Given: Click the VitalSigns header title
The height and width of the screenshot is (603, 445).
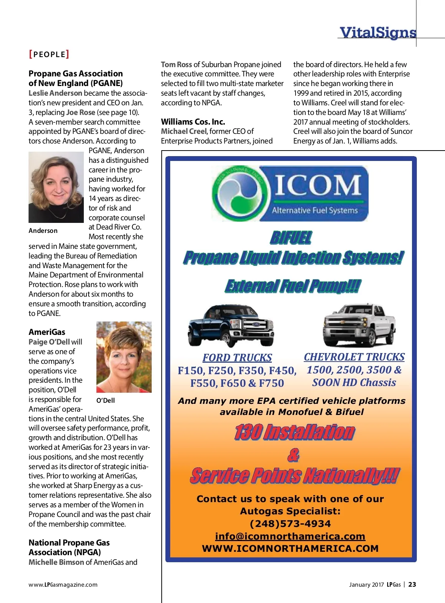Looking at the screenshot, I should coord(378,33).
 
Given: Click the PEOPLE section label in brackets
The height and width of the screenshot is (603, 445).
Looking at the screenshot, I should coord(49,55).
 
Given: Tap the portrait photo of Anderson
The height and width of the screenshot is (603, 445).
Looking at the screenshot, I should coord(56,187).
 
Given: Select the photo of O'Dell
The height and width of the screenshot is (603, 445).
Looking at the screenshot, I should coord(124,357).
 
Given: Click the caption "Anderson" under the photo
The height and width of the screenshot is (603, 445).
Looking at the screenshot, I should coord(43,231).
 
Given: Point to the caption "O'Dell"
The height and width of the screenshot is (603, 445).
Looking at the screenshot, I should coord(106,401).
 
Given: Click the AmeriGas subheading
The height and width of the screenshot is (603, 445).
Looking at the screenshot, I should coord(47,332).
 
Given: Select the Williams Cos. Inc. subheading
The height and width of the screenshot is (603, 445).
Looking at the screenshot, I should coord(193,122).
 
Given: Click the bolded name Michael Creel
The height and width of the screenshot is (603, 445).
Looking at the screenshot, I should coord(184,131).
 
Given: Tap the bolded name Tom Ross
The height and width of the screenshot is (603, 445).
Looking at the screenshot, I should coord(176,65).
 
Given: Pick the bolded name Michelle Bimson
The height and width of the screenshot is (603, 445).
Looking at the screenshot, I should coord(56,562).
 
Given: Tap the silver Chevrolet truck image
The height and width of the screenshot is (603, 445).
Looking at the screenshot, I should coord(359,324).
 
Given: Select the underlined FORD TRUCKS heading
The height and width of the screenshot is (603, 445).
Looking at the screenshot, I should coord(237,357).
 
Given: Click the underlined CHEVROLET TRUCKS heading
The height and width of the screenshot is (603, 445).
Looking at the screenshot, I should coord(354,357).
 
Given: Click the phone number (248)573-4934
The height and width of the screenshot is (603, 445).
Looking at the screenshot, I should coord(290,524).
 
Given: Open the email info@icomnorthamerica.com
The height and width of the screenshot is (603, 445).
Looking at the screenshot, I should coord(290,536).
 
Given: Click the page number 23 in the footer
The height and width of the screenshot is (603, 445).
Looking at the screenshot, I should coord(412,584).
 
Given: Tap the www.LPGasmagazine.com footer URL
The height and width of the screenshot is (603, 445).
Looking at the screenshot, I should coord(63,585).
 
